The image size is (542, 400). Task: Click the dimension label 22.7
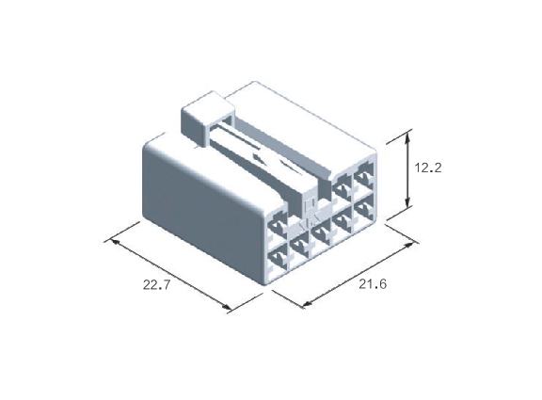point(156,285)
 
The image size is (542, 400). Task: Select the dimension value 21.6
point(373,284)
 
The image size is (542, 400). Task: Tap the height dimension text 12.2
point(428,168)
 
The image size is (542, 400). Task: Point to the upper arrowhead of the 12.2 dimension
point(407,137)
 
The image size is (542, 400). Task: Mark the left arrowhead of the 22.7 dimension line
point(114,242)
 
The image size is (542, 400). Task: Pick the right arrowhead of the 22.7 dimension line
point(227,307)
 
